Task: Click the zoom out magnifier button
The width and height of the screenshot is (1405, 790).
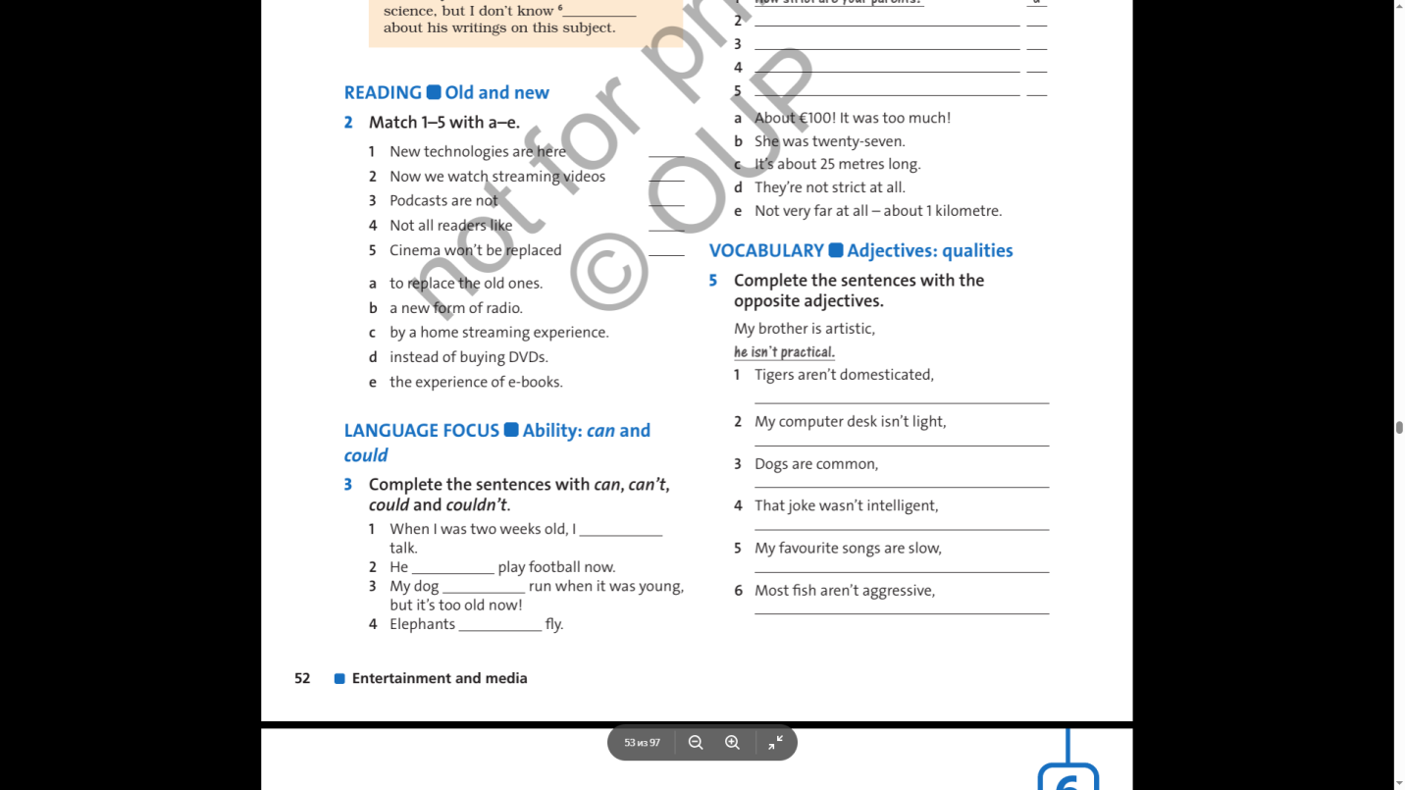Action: pos(696,743)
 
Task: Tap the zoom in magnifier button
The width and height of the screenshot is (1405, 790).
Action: pos(732,743)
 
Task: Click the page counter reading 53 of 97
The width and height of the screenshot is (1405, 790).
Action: pos(642,743)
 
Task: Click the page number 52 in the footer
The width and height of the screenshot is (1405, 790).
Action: pos(302,678)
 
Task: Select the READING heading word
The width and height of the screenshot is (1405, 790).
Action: pos(383,93)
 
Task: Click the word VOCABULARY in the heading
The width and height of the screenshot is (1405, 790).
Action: pos(766,251)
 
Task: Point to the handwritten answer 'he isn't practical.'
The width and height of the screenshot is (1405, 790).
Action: pos(784,352)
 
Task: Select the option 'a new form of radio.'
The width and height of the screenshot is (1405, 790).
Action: pos(455,308)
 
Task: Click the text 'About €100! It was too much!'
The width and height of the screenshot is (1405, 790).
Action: pos(852,119)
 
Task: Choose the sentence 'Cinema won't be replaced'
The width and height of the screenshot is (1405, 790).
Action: pos(475,250)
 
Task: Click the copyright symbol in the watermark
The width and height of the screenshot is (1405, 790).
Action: pos(608,271)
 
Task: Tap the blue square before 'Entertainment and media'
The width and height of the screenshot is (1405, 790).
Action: pos(339,678)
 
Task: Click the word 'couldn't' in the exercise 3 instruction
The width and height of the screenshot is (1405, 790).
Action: pos(476,505)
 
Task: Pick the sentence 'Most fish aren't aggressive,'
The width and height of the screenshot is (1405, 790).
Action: pos(844,591)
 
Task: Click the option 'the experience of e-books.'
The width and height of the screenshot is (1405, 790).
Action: pos(476,382)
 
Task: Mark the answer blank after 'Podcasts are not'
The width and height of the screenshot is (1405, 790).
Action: pos(666,202)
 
